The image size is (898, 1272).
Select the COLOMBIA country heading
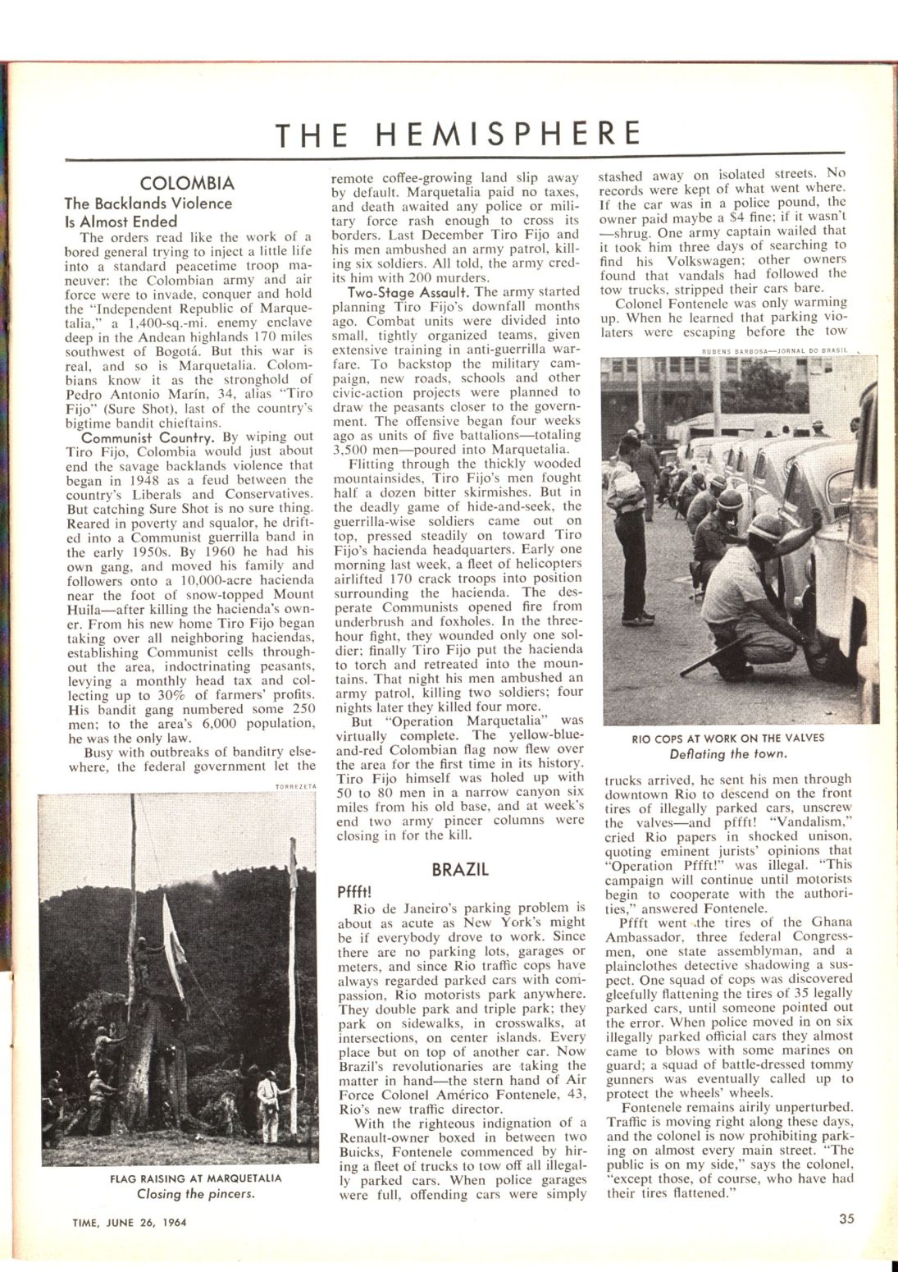coord(187,183)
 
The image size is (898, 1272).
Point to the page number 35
coord(846,1219)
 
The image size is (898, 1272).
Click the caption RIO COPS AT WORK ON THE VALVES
coord(728,738)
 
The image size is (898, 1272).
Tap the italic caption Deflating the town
coord(728,753)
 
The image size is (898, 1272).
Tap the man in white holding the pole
coord(266,1104)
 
